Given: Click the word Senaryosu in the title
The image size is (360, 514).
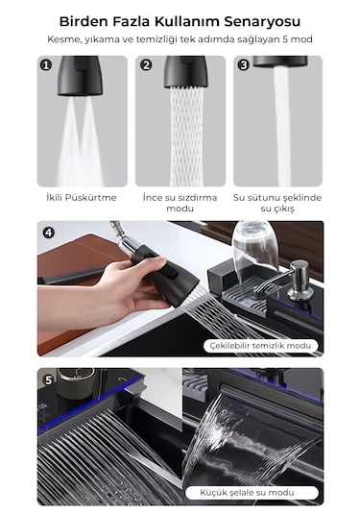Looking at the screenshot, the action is click(262, 22).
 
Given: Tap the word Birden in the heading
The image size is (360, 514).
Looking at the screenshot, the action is click(84, 22).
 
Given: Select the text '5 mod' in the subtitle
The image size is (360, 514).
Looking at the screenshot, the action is click(298, 39).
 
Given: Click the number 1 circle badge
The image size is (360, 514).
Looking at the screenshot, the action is click(46, 64).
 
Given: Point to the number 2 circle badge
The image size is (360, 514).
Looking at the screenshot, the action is click(146, 64).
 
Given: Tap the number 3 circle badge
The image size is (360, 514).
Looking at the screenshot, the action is click(244, 64).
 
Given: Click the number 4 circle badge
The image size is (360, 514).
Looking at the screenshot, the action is click(49, 233).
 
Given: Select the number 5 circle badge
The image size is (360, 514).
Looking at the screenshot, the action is click(49, 379).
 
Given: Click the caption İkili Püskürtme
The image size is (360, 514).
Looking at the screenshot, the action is click(82, 197).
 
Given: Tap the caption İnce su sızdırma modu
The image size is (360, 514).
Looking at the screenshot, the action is click(180, 203).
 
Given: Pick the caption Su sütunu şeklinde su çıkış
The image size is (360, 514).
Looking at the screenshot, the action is click(277, 203).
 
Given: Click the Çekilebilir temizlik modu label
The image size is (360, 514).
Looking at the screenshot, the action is click(260, 346).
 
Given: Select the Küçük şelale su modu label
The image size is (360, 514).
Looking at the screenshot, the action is click(247, 492).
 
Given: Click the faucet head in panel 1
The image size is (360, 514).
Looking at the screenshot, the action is click(80, 76).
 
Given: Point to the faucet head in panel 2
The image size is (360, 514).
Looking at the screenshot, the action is click(185, 72).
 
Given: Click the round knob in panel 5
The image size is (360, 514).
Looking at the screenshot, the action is click(76, 381).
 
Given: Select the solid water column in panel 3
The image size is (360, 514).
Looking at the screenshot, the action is click(282, 127).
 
